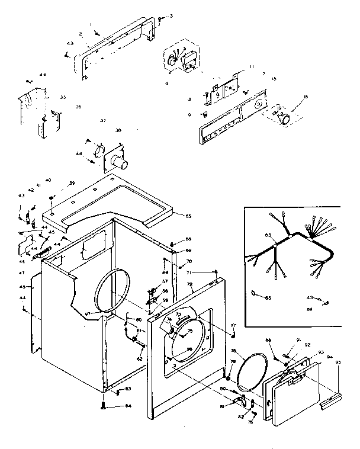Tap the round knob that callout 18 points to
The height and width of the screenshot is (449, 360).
click(285, 118)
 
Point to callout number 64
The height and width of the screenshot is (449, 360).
click(128, 406)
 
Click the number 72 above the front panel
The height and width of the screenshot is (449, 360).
click(191, 284)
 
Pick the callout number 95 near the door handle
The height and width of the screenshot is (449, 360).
click(339, 362)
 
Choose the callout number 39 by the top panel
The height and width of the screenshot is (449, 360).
click(72, 184)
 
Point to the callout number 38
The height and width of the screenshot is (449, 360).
click(118, 130)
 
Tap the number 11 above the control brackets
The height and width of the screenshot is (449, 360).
click(251, 66)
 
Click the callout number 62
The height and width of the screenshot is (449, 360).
click(140, 359)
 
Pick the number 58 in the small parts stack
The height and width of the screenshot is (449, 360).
click(165, 291)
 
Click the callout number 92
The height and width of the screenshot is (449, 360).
click(307, 345)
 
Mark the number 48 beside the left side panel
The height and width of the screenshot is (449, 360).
click(22, 287)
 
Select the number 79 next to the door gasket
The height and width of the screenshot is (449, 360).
click(233, 361)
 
